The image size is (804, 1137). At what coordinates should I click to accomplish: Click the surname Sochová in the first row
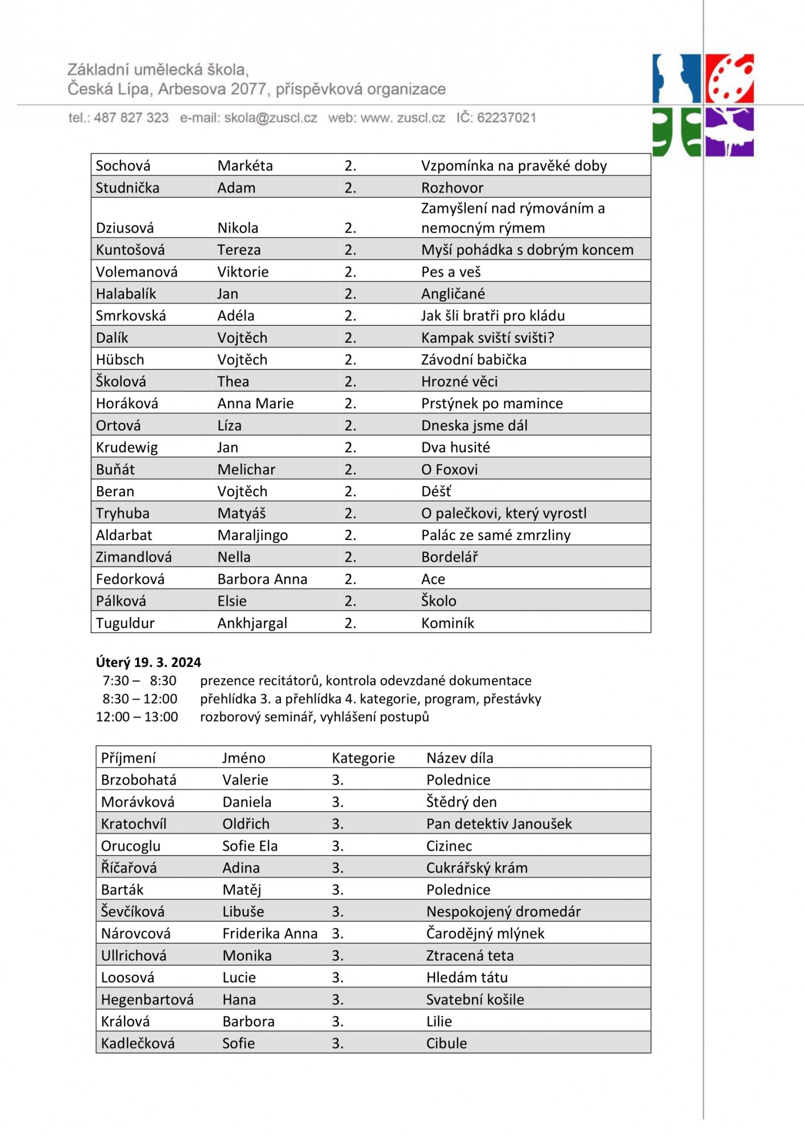tap(123, 165)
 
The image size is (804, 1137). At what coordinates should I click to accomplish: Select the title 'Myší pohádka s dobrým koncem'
tap(527, 250)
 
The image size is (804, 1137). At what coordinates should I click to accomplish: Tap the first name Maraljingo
tap(252, 535)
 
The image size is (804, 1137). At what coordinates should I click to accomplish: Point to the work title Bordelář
tap(449, 557)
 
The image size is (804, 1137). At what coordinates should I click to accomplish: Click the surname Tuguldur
tap(125, 623)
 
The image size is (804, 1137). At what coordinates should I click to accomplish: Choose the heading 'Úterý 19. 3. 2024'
tap(148, 662)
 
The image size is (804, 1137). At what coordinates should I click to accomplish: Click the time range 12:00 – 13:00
tap(137, 717)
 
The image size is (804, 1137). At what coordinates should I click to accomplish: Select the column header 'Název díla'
tap(459, 758)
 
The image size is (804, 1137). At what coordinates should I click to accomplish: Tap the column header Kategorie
tap(363, 758)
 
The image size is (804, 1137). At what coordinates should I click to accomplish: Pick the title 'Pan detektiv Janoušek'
tap(499, 824)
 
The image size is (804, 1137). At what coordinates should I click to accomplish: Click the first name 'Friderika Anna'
tap(270, 933)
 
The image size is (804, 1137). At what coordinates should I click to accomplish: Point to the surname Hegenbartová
tap(147, 999)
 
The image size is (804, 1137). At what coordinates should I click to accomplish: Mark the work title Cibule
tap(446, 1043)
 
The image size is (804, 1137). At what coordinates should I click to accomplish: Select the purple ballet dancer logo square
tap(730, 132)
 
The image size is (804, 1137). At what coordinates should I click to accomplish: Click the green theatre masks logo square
tap(677, 132)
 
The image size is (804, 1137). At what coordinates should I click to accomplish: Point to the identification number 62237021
tap(506, 118)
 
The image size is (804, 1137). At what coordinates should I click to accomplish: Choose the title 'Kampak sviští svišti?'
tap(487, 338)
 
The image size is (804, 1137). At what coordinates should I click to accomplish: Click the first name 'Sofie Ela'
tap(250, 846)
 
